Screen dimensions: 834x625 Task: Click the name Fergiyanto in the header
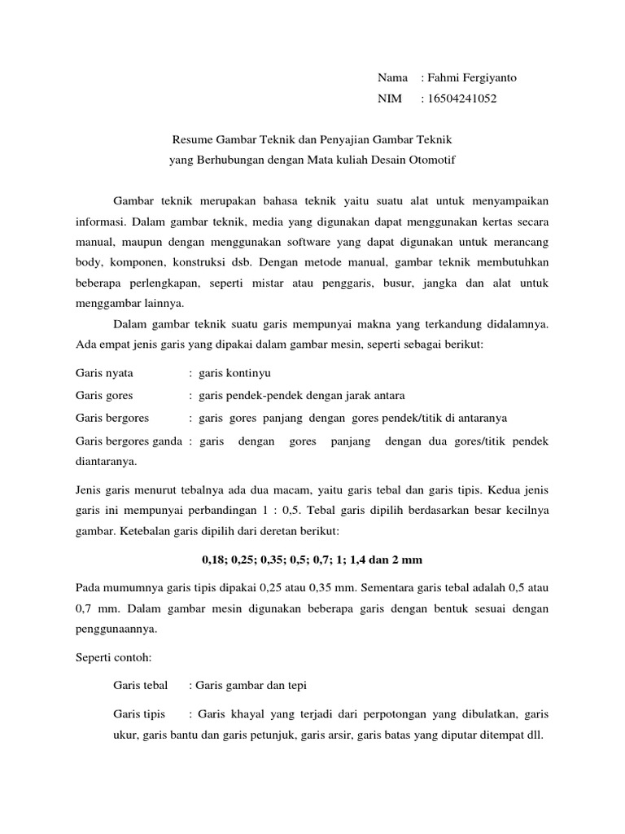click(x=487, y=78)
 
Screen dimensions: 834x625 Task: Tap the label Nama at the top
click(x=392, y=78)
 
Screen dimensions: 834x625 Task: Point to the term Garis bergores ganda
click(x=129, y=441)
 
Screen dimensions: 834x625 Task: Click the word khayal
click(x=256, y=714)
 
